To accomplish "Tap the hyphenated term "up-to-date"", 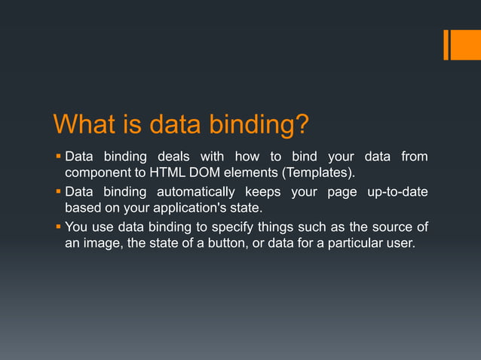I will (397, 191).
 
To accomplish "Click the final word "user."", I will (400, 243).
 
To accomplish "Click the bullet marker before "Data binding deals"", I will (58, 157).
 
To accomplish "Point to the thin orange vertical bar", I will (446, 44).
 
